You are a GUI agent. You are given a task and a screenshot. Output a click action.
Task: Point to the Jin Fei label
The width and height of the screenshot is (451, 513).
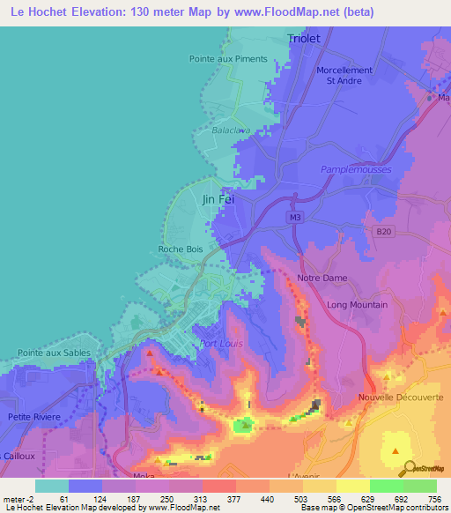218,199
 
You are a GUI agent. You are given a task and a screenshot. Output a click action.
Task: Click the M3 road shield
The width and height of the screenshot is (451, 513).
294,214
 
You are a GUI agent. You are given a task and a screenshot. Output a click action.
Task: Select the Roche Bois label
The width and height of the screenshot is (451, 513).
180,249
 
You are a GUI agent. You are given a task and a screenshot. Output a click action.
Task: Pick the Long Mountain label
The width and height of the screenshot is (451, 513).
357,305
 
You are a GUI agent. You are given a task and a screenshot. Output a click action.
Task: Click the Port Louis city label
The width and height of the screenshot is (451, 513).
221,344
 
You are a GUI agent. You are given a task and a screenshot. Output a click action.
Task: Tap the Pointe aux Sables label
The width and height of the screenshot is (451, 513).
54,352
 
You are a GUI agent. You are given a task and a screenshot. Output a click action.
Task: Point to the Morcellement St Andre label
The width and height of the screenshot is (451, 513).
344,76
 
